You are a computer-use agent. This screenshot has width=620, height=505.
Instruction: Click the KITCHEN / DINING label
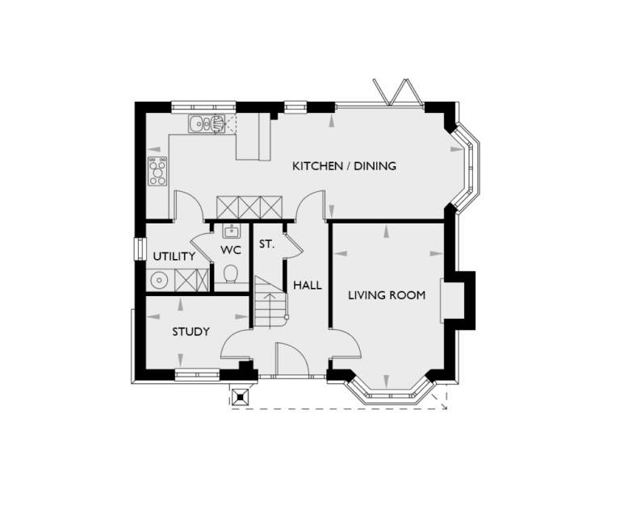pyautogui.click(x=344, y=167)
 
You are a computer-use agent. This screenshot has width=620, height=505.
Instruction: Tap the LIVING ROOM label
pyautogui.click(x=387, y=295)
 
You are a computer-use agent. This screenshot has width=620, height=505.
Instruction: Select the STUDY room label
pyautogui.click(x=191, y=332)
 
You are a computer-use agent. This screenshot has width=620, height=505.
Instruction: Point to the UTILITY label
pyautogui.click(x=174, y=257)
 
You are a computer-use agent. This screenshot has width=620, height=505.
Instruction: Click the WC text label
pyautogui.click(x=231, y=250)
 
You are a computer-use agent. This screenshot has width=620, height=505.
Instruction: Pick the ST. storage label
pyautogui.click(x=267, y=244)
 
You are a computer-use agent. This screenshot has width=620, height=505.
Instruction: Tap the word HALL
pyautogui.click(x=308, y=286)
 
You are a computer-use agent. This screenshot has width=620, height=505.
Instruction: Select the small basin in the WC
pyautogui.click(x=231, y=232)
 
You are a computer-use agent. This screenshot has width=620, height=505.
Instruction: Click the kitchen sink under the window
pyautogui.click(x=206, y=125)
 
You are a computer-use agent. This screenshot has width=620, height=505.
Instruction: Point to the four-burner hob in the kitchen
pyautogui.click(x=157, y=171)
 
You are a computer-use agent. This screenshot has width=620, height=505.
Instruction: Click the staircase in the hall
pyautogui.click(x=271, y=302)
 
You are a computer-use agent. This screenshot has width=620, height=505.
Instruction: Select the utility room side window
pyautogui.click(x=136, y=248)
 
